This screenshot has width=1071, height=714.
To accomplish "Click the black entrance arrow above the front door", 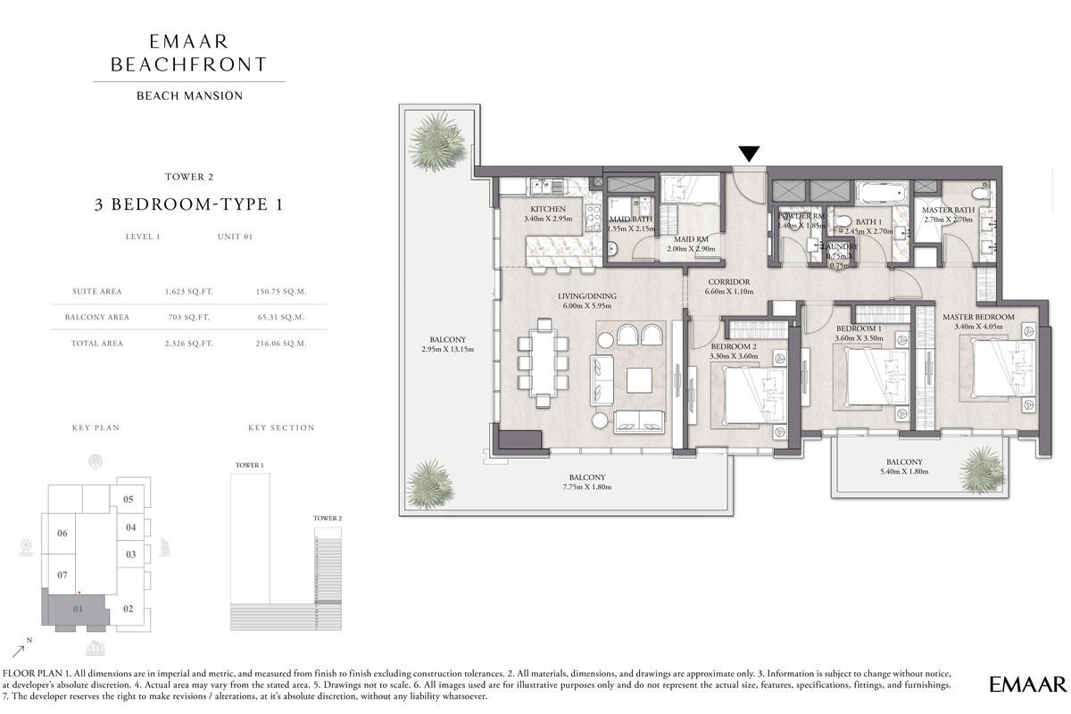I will pyautogui.click(x=749, y=153).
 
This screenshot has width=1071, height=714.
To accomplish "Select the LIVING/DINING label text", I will pyautogui.click(x=587, y=296).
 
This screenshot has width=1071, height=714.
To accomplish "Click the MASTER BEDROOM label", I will pyautogui.click(x=978, y=317).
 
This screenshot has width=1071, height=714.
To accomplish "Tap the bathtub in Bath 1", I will pyautogui.click(x=881, y=194).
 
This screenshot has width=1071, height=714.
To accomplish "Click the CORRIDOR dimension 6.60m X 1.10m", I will pyautogui.click(x=726, y=291).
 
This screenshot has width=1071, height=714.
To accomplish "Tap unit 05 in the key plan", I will pyautogui.click(x=128, y=499).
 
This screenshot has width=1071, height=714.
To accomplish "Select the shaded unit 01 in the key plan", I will pyautogui.click(x=77, y=610).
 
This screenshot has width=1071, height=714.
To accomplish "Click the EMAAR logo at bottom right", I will pyautogui.click(x=1027, y=685).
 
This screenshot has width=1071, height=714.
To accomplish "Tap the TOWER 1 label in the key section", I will pyautogui.click(x=249, y=466).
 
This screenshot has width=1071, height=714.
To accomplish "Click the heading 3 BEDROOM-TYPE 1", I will pyautogui.click(x=188, y=204).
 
